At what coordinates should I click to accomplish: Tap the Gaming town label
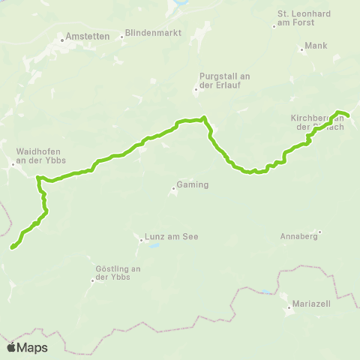coord(192,184)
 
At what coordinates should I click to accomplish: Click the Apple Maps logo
coord(27,347)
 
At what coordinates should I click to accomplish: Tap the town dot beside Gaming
coord(173,188)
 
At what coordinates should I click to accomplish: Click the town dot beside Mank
coord(301,50)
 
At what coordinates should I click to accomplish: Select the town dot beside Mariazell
coord(289,307)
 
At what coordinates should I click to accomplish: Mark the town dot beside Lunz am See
coord(140,240)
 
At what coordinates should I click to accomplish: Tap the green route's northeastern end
coord(349,115)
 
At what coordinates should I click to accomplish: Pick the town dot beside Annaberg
coord(319,232)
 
